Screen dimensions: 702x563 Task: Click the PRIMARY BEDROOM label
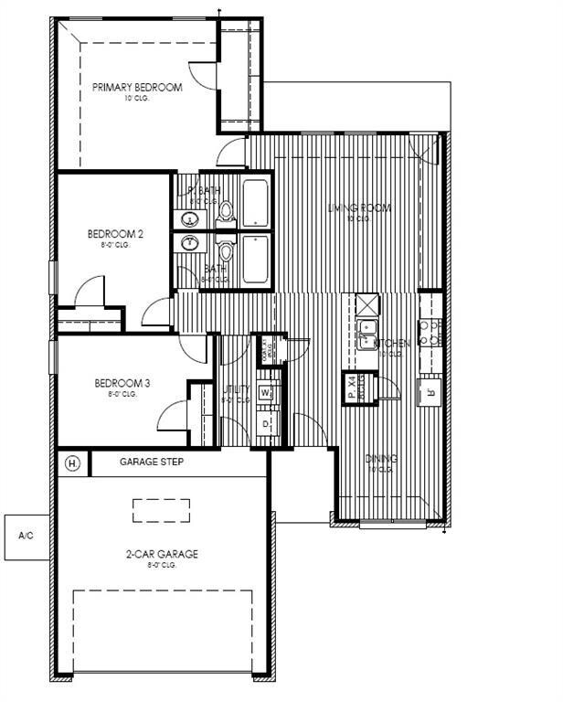click(137, 88)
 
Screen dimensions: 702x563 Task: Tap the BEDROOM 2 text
click(115, 234)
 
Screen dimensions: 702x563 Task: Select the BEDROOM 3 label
click(115, 383)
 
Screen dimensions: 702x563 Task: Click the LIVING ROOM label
click(359, 208)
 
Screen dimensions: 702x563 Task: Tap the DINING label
click(380, 459)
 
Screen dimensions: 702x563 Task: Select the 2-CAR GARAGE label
click(162, 554)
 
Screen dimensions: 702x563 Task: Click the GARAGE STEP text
click(152, 463)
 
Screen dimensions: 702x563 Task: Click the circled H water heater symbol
click(73, 463)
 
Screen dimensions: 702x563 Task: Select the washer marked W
click(266, 393)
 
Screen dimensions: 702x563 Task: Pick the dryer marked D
click(266, 424)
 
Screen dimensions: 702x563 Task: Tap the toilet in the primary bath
click(225, 212)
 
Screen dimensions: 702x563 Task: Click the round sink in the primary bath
click(191, 219)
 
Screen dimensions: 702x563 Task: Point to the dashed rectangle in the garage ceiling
click(161, 510)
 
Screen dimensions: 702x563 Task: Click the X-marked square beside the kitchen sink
click(366, 303)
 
